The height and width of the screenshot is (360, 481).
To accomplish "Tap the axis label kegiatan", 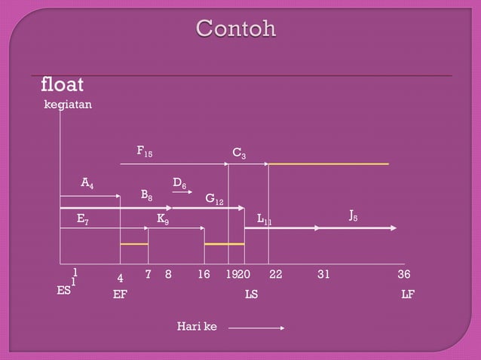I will point(68,105).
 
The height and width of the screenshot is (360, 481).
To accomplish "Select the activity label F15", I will point(144,152).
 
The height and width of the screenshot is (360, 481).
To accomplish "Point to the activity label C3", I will point(238,154).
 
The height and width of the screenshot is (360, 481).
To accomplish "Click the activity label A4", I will point(87,183).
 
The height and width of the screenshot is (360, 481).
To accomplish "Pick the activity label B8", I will point(147,195).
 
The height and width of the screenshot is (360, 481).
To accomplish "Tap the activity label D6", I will point(179,183).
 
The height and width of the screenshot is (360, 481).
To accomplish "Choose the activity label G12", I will point(215,200).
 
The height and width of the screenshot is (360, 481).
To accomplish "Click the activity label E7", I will point(83,218).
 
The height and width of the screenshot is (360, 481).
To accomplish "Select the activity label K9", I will point(162,218).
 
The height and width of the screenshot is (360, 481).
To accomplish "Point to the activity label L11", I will point(264,219).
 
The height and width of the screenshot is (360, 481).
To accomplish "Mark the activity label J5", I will point(353,216).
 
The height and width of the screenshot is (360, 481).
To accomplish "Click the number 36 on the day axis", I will point(404,275).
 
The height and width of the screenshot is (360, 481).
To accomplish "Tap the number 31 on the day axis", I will point(323,275).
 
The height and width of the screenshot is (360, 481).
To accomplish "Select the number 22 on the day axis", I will point(275,275).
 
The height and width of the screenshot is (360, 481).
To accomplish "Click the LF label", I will point(407,294).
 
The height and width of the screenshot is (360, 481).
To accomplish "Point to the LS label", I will point(251,294).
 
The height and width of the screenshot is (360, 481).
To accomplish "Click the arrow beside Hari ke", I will point(256,328).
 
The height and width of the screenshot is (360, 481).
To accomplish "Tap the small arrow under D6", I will point(182,193).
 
